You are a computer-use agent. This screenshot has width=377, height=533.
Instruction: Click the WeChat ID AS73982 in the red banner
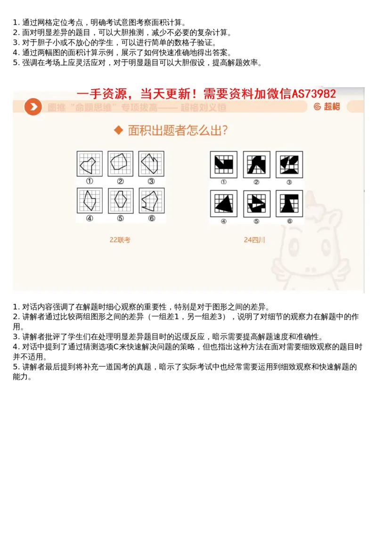coord(313,94)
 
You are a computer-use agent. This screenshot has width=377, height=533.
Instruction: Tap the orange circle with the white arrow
coord(33,107)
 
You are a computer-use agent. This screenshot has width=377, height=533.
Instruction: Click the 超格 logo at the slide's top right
coord(328,107)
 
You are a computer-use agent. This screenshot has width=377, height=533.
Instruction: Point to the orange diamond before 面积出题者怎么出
coord(119,131)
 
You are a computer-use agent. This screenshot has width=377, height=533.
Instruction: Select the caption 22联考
coord(120,240)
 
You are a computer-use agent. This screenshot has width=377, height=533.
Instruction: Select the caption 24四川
coord(254,240)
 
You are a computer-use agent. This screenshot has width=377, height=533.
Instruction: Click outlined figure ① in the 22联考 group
coord(89,164)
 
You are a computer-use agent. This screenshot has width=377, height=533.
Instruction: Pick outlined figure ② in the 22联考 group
coord(120,164)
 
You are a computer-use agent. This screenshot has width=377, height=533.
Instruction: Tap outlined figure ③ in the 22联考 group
coord(151,164)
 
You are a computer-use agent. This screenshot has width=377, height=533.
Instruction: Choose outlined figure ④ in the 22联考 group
coord(89,200)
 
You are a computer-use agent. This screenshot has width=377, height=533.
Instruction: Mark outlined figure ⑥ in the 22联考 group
coord(151,200)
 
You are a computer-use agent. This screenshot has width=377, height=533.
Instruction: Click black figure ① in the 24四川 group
coord(223,164)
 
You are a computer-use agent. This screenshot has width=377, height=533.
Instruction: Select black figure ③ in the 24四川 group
coord(289,164)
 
